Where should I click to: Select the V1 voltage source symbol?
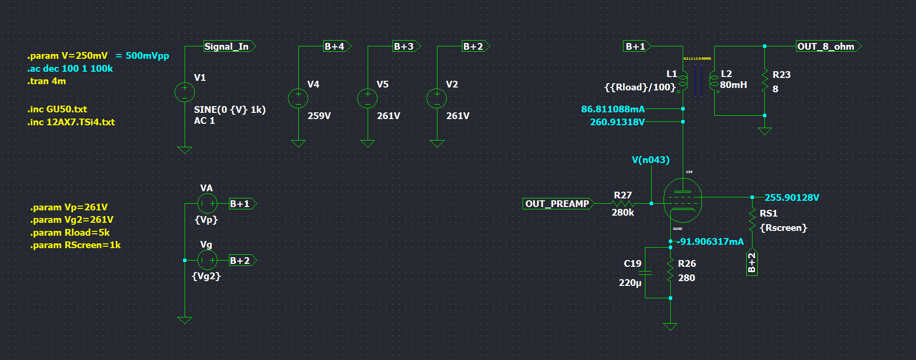185,92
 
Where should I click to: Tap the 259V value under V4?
319,116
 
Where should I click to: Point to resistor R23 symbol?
764,81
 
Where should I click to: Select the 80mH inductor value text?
733,85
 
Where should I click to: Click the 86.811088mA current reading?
612,109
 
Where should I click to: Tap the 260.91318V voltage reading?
617,122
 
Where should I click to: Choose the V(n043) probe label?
650,160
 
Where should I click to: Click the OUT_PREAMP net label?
557,204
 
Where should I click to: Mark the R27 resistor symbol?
622,204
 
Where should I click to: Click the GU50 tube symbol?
683,200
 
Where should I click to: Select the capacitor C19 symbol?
645,273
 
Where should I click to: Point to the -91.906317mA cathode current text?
710,241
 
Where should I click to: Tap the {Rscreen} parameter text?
783,228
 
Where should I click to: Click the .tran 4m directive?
46,81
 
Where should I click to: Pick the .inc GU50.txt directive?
57,109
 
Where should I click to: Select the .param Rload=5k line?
70,232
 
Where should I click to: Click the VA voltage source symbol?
207,204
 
